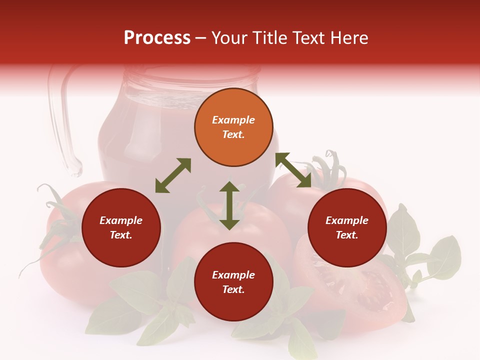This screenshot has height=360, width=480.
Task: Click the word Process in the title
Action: coord(157,38)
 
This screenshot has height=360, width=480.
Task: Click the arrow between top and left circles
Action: coord(173,175)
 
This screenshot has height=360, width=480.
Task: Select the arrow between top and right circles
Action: coord(293,170)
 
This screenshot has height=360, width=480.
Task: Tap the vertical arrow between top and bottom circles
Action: coord(229,205)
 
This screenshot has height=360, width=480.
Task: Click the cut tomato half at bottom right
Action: coord(365,295)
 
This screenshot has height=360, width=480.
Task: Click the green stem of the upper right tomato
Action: coord(327,167)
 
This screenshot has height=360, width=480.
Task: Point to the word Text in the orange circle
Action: coord(233,134)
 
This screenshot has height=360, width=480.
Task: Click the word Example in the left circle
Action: coord(121,220)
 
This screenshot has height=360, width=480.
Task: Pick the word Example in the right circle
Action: coord(347,220)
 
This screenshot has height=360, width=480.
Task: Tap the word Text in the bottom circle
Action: coord(233,289)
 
